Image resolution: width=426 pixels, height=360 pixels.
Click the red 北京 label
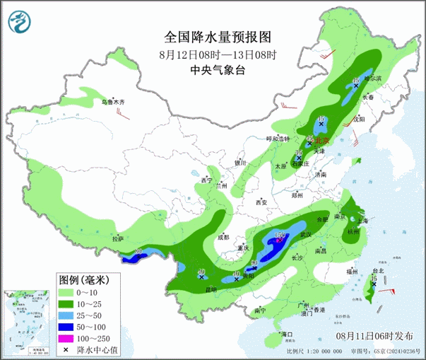pyautogui.click(x=313, y=141)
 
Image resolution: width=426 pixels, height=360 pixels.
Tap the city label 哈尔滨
pyautogui.click(x=372, y=79)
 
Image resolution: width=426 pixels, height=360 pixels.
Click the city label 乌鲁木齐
pyautogui.click(x=115, y=103)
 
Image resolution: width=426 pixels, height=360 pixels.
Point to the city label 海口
pyautogui.click(x=287, y=333)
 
